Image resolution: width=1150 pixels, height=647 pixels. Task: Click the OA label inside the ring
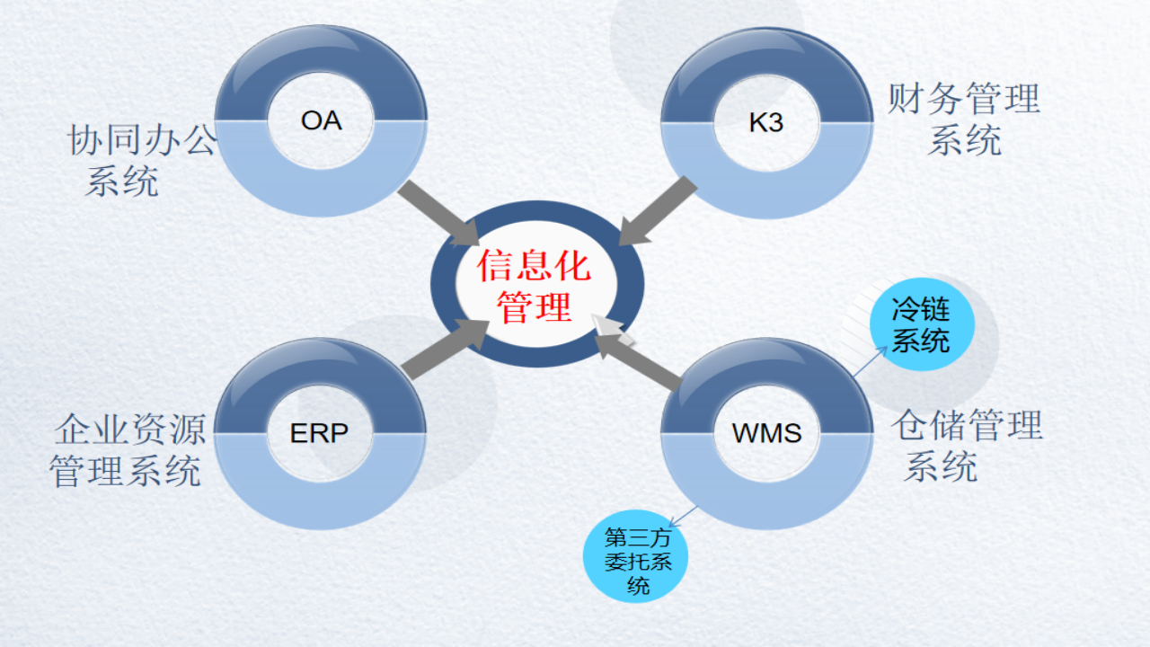tap(321, 120)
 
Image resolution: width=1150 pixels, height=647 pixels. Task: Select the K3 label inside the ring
tap(765, 122)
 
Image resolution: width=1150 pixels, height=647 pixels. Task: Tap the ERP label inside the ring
tap(319, 433)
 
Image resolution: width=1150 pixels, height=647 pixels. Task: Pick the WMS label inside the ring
tap(766, 433)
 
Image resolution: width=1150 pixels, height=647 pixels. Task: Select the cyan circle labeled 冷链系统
tap(921, 326)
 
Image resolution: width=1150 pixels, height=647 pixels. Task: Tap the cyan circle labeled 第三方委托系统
tap(638, 563)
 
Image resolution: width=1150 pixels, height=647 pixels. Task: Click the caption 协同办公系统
tap(141, 160)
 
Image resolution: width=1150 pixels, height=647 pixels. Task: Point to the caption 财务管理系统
tap(964, 119)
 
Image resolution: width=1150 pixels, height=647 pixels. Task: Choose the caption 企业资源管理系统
tap(128, 449)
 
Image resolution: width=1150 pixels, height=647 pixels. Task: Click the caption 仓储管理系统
tap(967, 446)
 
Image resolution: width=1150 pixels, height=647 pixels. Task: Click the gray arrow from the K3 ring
tap(659, 211)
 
